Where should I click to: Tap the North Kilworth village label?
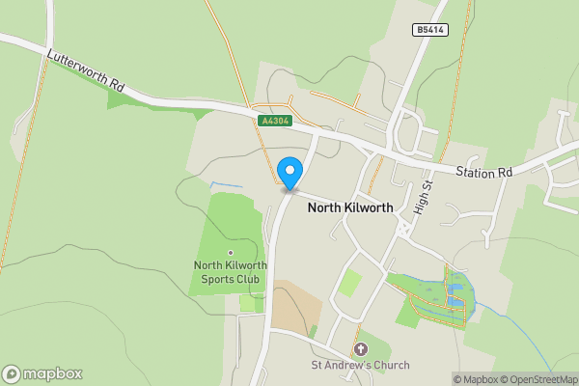pyautogui.click(x=350, y=207)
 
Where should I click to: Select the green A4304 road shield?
pyautogui.click(x=274, y=121)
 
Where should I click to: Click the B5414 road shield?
pyautogui.click(x=432, y=31)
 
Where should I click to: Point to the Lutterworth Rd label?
pyautogui.click(x=86, y=71)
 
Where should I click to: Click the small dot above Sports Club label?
pyautogui.click(x=230, y=253)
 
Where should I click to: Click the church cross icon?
pyautogui.click(x=361, y=348)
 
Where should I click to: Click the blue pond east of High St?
pyautogui.click(x=454, y=289)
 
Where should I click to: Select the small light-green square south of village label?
pyautogui.click(x=349, y=283)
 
